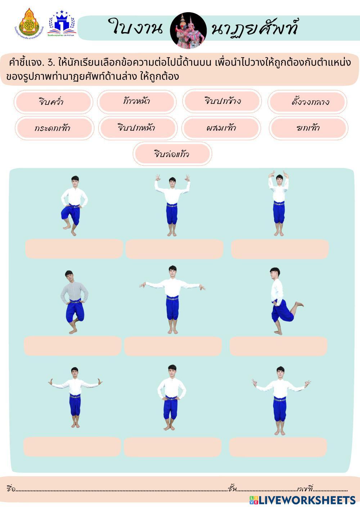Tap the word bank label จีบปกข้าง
pos(222,102)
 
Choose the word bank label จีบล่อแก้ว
pos(172,154)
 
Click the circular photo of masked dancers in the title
pos(188,30)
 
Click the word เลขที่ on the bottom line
pos(305,488)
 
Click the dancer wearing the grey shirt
pos(74,301)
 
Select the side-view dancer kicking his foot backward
pos(283,301)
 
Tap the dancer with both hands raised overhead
pos(279,203)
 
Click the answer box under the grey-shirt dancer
pos(73,346)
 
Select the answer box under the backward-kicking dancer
pos(278,346)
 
